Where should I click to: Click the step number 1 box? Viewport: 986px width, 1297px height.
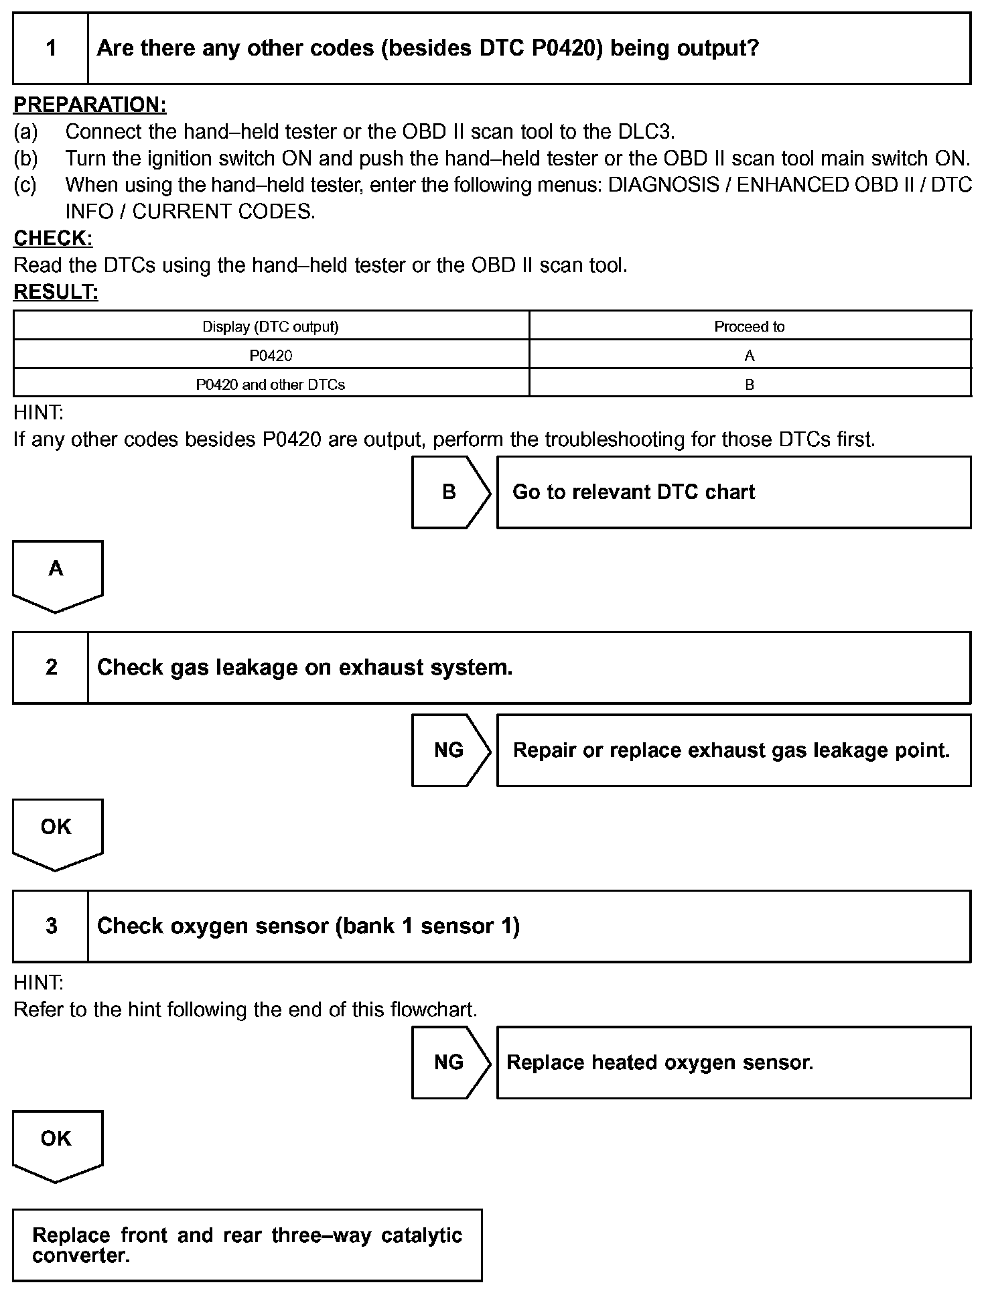(x=51, y=48)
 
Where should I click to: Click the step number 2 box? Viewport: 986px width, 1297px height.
(x=51, y=667)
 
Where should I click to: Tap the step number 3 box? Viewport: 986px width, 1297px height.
(x=51, y=926)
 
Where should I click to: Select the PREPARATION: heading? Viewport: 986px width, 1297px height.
(x=90, y=105)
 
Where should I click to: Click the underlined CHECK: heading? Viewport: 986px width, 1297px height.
(x=53, y=238)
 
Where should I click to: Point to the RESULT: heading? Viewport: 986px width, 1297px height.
(x=56, y=292)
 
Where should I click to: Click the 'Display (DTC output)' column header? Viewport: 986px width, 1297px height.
(x=271, y=326)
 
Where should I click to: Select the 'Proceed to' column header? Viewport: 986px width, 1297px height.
(x=749, y=326)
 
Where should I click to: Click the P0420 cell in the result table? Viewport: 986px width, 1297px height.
(x=271, y=356)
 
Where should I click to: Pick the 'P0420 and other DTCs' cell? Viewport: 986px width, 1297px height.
(x=271, y=385)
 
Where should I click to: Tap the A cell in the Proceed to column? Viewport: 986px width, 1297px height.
(x=749, y=356)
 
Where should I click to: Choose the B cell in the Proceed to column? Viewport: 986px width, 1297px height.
(x=749, y=385)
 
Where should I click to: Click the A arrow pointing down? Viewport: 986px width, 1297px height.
(x=57, y=573)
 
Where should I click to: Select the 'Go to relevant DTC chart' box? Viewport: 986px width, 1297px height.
(x=733, y=492)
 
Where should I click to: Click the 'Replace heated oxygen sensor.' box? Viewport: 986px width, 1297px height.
(x=733, y=1063)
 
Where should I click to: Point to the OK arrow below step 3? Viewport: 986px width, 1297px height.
(x=57, y=1144)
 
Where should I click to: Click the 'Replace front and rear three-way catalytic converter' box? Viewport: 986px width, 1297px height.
(x=247, y=1245)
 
